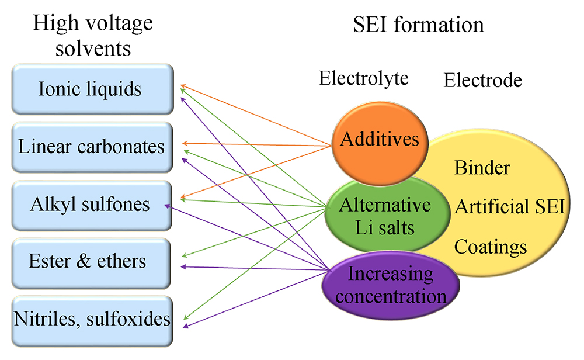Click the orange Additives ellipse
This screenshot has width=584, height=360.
380,140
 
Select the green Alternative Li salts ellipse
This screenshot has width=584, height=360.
385,216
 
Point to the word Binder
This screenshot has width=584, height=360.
482,168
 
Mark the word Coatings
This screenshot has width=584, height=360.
491,246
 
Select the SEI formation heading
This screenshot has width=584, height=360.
418,25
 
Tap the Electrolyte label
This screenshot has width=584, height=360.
363,78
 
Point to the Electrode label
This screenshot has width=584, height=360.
482,80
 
